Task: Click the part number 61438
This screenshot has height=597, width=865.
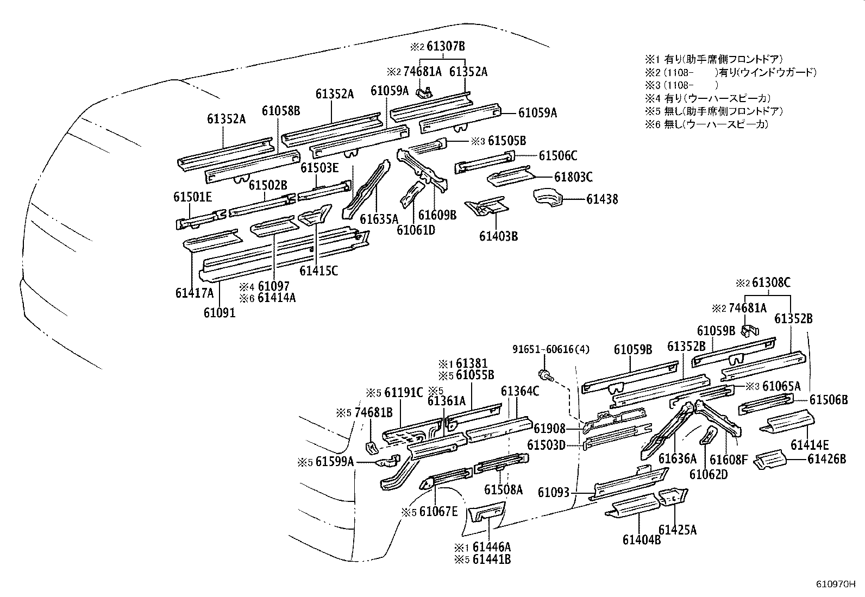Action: tap(601, 199)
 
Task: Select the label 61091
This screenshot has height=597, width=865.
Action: tap(220, 313)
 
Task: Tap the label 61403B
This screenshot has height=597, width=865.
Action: tap(498, 236)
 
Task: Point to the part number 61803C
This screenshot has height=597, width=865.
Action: tap(573, 177)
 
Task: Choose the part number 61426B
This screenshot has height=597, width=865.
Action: tap(826, 459)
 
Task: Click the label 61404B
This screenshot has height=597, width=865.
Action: tap(642, 539)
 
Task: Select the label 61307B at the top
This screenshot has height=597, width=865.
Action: tap(446, 46)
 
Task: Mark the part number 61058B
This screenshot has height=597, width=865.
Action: tap(280, 111)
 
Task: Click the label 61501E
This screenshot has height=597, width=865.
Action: tap(192, 197)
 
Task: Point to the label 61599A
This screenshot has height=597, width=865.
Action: tap(335, 462)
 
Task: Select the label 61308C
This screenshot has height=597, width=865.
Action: tap(770, 283)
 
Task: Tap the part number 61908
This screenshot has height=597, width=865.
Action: tap(550, 429)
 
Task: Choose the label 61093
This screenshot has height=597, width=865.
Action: tap(554, 492)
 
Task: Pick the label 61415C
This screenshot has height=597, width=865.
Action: tap(318, 270)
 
